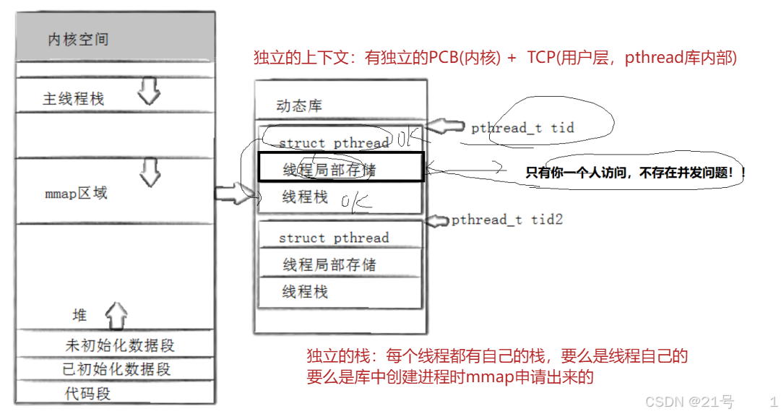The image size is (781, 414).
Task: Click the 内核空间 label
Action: [78, 40]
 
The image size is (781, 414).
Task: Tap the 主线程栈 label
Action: [73, 98]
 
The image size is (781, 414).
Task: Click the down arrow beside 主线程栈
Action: [150, 92]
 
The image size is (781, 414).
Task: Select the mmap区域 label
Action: [76, 194]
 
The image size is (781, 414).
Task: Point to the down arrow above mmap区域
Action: [150, 172]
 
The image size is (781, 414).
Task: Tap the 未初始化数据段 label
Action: [120, 345]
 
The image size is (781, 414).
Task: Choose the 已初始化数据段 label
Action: [116, 369]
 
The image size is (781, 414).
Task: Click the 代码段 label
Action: [88, 393]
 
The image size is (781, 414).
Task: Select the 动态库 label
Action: [299, 106]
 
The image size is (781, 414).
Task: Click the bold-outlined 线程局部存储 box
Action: [340, 168]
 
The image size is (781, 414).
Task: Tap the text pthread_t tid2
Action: [506, 220]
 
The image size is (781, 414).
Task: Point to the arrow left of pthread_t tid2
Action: [438, 220]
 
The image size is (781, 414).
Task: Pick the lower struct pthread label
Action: [334, 238]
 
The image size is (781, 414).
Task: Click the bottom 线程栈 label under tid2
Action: [305, 291]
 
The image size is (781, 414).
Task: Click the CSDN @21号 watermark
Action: [689, 402]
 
